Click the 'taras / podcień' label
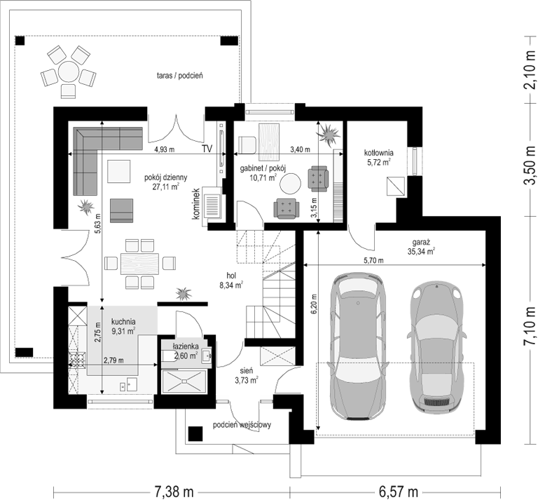180,76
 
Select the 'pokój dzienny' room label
166,178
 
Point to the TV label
207,149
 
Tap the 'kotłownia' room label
379,153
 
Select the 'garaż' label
416,242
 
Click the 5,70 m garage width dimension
374,261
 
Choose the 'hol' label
231,276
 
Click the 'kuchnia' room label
123,322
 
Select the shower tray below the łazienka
184,381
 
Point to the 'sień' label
247,371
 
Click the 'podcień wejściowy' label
242,425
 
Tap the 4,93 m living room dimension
165,149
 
